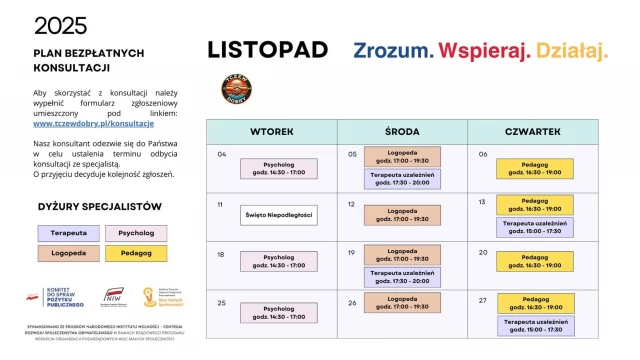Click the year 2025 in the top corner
click(x=60, y=26)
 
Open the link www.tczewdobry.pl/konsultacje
click(x=94, y=123)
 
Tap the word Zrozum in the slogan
click(x=393, y=50)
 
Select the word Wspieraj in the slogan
click(x=485, y=50)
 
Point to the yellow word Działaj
click(x=572, y=50)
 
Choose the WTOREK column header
click(x=270, y=132)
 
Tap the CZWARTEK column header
click(x=533, y=132)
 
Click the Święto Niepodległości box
click(x=278, y=215)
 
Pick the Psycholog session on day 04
click(x=278, y=168)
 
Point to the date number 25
click(x=222, y=302)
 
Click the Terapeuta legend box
click(x=68, y=233)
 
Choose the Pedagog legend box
click(x=135, y=254)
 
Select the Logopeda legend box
click(x=68, y=254)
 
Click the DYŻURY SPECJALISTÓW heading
click(x=99, y=206)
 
